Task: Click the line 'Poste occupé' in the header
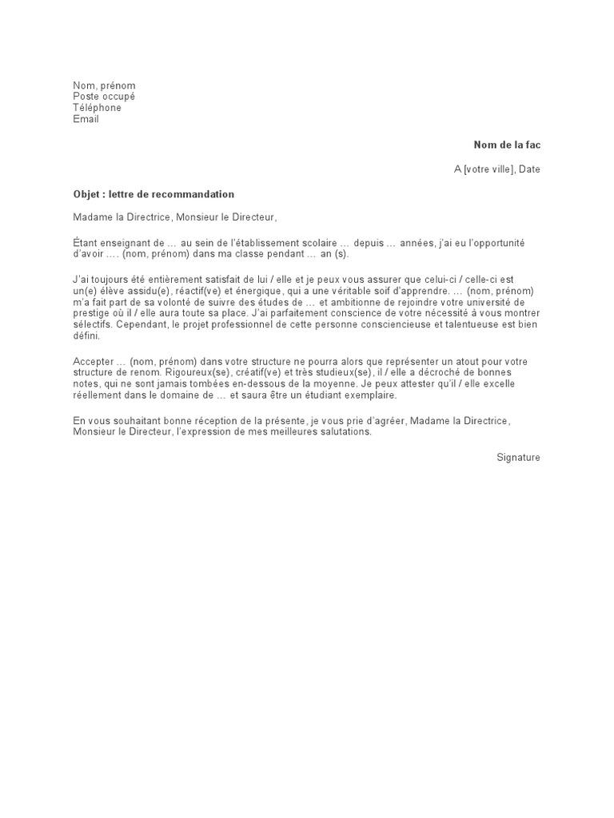pyautogui.click(x=104, y=97)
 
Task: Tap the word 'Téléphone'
pyautogui.click(x=98, y=108)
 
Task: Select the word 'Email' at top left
pyautogui.click(x=86, y=119)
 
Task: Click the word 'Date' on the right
pyautogui.click(x=529, y=169)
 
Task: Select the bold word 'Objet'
pyautogui.click(x=87, y=194)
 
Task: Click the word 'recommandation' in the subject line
pyautogui.click(x=196, y=194)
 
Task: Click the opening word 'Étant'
pyautogui.click(x=86, y=243)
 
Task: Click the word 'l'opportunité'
pyautogui.click(x=512, y=243)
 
